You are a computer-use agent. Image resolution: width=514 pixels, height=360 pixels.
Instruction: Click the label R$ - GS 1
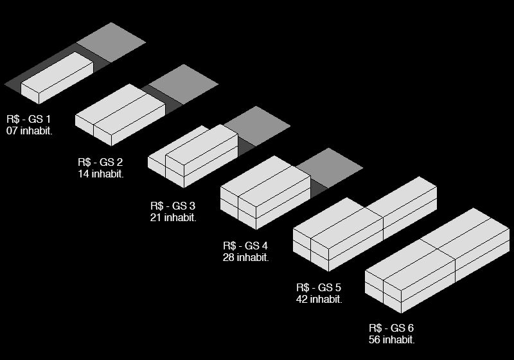[x=28, y=119]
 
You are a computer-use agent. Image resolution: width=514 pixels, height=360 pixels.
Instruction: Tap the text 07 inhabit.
[x=29, y=130]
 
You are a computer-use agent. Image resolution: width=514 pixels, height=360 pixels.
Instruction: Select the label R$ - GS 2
[x=100, y=162]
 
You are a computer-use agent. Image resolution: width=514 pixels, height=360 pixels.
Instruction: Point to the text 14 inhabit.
[x=101, y=174]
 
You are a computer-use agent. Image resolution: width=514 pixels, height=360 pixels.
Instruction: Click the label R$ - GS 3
[x=173, y=206]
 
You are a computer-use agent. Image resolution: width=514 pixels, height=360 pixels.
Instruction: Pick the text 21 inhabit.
[x=173, y=217]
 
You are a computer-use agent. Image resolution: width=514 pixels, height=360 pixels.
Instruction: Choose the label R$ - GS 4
[x=245, y=246]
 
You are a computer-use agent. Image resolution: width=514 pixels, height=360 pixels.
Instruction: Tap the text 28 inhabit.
[x=246, y=257]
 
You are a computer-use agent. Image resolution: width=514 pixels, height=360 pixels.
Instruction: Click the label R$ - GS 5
[x=319, y=287]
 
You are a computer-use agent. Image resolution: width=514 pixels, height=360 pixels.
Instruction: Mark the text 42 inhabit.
[x=319, y=299]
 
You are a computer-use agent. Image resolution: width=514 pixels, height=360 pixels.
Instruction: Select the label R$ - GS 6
[x=391, y=328]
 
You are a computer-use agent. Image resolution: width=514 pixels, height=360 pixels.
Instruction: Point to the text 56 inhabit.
[x=391, y=339]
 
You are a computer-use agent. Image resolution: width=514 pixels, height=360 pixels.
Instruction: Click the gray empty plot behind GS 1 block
[x=111, y=42]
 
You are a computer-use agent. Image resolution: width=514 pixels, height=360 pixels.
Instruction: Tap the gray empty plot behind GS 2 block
[x=184, y=84]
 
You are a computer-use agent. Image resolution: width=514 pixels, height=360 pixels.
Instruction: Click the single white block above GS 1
[x=57, y=78]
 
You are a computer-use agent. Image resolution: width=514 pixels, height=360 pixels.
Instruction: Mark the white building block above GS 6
[x=438, y=260]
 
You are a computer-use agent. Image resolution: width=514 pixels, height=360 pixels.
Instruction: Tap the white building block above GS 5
[x=365, y=224]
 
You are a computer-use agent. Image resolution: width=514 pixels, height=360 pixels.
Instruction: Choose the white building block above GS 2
[x=120, y=115]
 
